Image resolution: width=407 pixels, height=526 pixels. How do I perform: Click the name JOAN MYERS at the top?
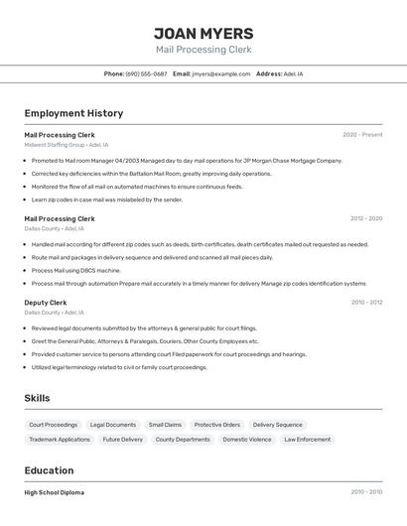coord(203,34)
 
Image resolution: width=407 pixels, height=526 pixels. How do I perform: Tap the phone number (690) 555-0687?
coord(146,73)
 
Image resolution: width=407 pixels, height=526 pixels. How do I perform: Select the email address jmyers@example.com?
coord(221,73)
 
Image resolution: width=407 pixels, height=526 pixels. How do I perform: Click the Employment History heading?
coord(73,113)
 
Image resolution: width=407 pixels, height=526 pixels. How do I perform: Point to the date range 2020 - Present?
coord(362,135)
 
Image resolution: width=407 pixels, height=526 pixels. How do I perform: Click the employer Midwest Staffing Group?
coord(55,145)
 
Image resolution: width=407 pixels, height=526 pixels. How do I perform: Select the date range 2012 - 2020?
coord(366,218)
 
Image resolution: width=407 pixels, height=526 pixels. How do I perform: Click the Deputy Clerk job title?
coord(46,303)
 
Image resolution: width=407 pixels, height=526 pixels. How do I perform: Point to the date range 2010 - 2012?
coord(366,303)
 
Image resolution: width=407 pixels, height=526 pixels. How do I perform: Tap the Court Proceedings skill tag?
coord(54,425)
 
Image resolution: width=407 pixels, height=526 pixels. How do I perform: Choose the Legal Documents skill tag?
coord(113,425)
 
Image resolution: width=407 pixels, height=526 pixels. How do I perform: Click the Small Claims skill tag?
coord(166,425)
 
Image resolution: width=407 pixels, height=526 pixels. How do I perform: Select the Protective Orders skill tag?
coord(217,425)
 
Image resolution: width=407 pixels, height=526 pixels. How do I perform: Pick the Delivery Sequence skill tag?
coord(278,425)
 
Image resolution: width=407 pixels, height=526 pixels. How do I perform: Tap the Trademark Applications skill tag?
coord(60,440)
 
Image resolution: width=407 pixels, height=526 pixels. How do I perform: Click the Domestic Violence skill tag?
coord(247,440)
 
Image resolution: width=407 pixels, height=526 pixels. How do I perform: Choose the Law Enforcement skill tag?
coord(308,440)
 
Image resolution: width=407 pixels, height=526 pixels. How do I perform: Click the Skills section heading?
coord(38,398)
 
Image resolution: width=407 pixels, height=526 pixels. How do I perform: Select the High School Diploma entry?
coord(55,492)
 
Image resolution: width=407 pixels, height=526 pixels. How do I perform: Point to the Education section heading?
coord(49,470)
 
